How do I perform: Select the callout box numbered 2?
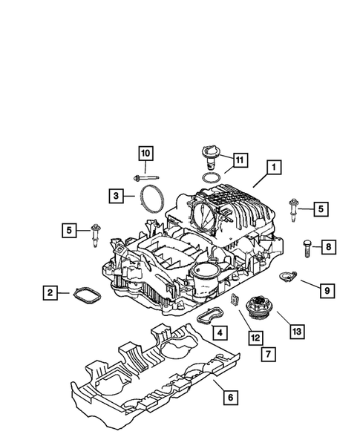click(x=50, y=293)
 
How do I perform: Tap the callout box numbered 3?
click(x=116, y=196)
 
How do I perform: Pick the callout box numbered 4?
click(x=218, y=332)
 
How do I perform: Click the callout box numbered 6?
click(x=231, y=398)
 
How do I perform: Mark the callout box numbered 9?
click(x=326, y=290)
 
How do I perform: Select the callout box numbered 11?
click(x=239, y=160)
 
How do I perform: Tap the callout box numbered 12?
click(x=255, y=338)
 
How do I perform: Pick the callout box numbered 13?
click(x=298, y=330)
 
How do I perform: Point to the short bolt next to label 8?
click(x=308, y=247)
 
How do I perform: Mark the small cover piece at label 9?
click(x=287, y=277)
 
